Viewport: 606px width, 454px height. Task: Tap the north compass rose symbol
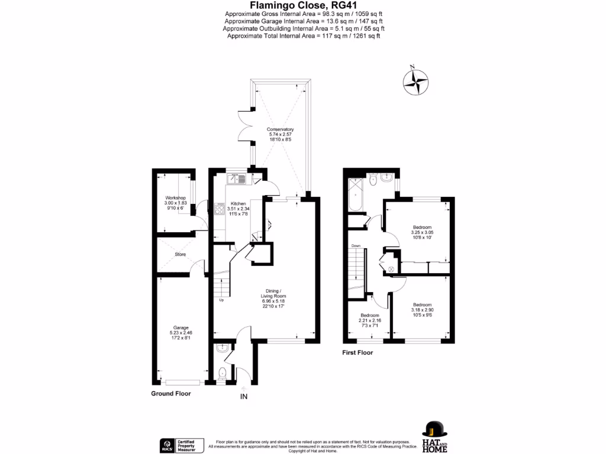point(416,82)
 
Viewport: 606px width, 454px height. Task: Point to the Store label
point(180,254)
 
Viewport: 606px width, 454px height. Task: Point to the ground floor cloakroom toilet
point(221,374)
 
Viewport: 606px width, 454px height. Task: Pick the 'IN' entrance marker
point(244,396)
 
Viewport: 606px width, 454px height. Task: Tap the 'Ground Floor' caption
point(170,393)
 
